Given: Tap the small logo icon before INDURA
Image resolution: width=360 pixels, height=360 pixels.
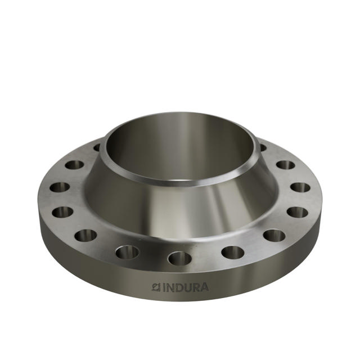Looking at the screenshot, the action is tap(156, 287).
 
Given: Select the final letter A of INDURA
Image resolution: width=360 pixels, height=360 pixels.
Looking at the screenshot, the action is tap(204, 287).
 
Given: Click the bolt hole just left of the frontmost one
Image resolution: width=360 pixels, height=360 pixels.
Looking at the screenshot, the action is tap(128, 252).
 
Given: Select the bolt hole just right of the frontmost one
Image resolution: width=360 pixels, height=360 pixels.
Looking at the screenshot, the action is tap(233, 253).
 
